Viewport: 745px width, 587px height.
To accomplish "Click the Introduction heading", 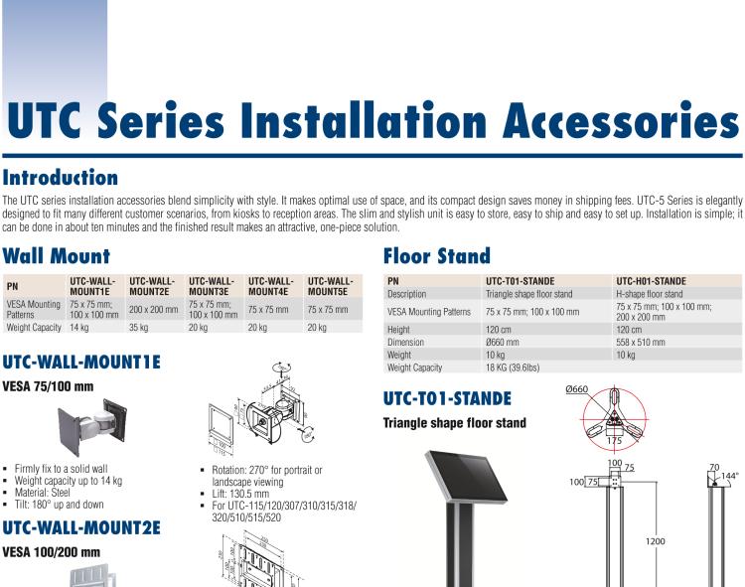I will [60, 179].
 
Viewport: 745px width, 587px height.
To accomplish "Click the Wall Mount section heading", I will [56, 256].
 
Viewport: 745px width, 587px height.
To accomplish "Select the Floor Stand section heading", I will [437, 256].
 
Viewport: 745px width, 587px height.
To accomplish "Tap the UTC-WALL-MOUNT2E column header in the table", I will [152, 287].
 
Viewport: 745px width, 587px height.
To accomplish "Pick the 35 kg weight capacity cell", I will [138, 327].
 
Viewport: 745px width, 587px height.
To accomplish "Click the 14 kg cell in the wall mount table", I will [79, 327].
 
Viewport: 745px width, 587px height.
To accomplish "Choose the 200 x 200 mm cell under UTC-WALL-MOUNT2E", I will [153, 310].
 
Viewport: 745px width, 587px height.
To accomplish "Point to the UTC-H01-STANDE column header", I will [651, 281].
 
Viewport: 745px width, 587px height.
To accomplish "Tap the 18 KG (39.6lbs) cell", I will [513, 367].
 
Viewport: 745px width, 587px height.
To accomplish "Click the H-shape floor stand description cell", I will [650, 294].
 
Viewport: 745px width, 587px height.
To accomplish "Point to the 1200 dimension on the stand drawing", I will [656, 541].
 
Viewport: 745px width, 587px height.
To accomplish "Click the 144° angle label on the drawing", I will [730, 477].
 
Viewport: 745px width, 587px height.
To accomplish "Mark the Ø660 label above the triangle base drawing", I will [577, 389].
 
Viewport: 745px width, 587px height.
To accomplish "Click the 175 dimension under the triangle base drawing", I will [614, 440].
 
